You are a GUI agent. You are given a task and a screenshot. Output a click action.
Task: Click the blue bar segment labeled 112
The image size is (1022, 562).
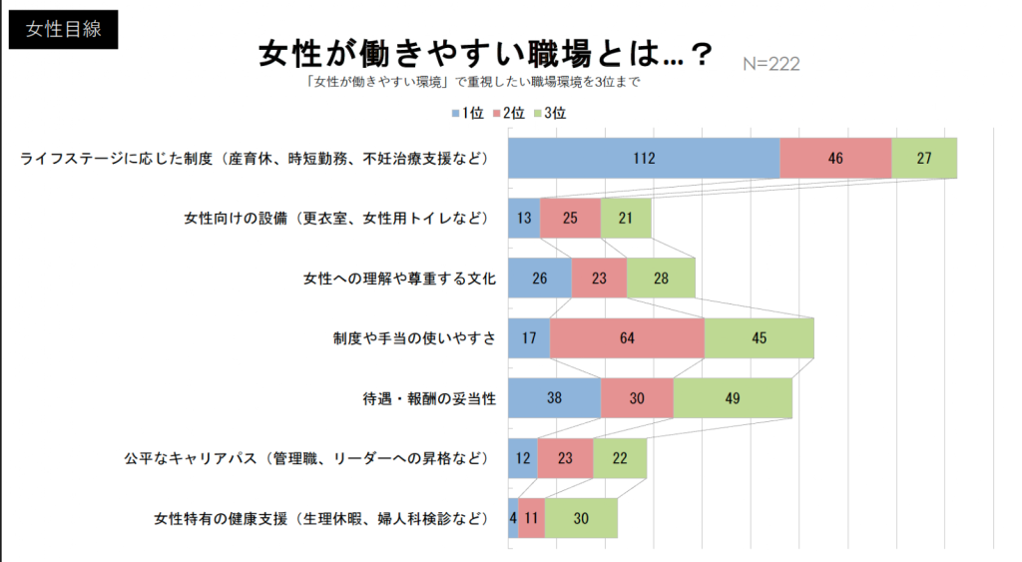click(x=644, y=158)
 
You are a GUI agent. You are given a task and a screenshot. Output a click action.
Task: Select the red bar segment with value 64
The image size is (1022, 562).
click(x=627, y=337)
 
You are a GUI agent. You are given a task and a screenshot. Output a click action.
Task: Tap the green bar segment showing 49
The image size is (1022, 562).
click(x=733, y=397)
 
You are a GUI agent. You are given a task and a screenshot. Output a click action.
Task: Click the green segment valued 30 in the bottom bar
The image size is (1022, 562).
click(x=581, y=517)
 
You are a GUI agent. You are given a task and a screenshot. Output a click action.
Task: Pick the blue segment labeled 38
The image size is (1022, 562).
click(x=554, y=397)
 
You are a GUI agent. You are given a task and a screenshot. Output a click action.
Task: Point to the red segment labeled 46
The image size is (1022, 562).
click(x=835, y=158)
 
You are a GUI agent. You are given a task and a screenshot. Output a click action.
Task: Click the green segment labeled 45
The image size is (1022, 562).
click(x=759, y=337)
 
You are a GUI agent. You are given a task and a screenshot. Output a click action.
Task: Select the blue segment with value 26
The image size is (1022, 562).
click(x=539, y=278)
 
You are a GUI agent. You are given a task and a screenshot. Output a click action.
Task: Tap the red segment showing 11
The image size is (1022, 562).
click(x=531, y=517)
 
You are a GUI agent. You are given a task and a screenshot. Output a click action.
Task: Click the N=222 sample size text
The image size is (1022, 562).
click(x=771, y=64)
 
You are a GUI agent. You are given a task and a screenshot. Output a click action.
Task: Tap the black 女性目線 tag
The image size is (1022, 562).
click(x=64, y=29)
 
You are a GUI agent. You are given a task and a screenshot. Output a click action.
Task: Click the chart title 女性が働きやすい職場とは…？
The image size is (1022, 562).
click(x=485, y=54)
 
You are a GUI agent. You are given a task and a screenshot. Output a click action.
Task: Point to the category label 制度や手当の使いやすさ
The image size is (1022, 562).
click(x=414, y=337)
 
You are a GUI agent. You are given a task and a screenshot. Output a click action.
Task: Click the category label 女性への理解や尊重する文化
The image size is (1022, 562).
click(x=399, y=278)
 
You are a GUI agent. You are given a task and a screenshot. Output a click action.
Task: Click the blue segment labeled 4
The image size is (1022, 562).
click(x=513, y=517)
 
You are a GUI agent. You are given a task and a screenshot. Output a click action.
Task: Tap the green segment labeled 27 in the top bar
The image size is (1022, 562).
click(x=924, y=158)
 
